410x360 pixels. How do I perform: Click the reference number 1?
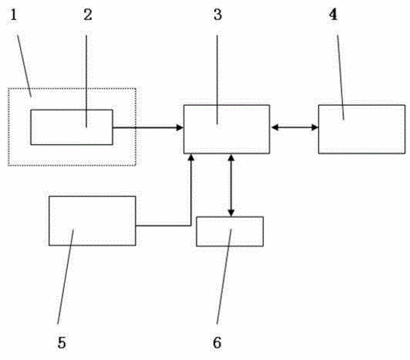click(x=14, y=15)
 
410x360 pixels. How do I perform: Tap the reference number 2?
click(x=88, y=15)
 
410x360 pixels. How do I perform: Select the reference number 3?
click(x=217, y=15)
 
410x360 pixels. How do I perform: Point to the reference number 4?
click(x=333, y=14)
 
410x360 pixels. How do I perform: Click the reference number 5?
click(x=62, y=342)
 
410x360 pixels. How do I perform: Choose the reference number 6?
click(x=217, y=342)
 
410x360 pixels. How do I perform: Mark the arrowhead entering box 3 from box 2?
click(x=180, y=127)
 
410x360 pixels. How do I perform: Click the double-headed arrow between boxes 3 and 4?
click(x=294, y=127)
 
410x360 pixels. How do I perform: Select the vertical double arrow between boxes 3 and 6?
click(x=231, y=186)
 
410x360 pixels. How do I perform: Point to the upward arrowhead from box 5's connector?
click(x=191, y=158)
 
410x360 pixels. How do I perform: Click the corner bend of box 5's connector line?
click(x=191, y=226)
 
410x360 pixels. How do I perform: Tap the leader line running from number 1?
click(x=25, y=66)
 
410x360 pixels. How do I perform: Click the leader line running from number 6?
click(x=224, y=276)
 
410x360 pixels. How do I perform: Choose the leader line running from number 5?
click(x=66, y=276)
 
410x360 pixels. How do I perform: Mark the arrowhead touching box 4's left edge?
click(x=315, y=127)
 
